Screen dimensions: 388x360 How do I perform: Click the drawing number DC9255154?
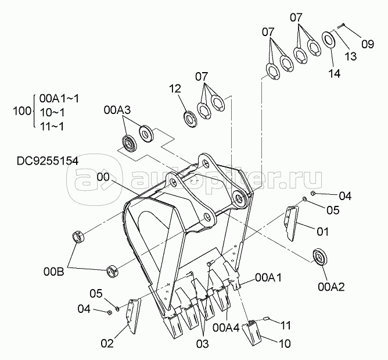coord(48,161)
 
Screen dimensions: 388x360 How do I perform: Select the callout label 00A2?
coord(331,287)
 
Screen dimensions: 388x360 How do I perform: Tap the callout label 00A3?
coord(117,110)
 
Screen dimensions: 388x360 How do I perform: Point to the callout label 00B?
coord(53,272)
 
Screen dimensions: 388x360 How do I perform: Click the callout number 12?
coord(175,89)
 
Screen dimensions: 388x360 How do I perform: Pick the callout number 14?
coord(335,73)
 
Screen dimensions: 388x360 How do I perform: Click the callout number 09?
coord(368,44)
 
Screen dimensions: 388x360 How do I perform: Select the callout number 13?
coord(350,56)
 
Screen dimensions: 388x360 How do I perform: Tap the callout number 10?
coord(285,344)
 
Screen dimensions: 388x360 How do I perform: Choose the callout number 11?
coord(285,325)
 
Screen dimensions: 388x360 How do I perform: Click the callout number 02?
coord(107,343)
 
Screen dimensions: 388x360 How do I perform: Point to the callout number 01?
coord(323,231)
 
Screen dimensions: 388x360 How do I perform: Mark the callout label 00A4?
coord(226,328)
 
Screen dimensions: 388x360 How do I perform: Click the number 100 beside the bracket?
coord(22,111)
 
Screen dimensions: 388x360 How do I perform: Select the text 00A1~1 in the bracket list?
coord(59,99)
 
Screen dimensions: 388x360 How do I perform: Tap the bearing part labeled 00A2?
coord(320,257)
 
